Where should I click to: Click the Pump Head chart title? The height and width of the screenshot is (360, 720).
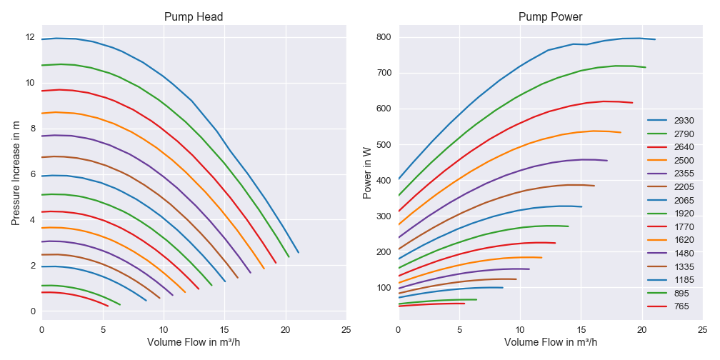click(x=194, y=17)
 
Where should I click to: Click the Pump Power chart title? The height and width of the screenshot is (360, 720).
click(x=551, y=17)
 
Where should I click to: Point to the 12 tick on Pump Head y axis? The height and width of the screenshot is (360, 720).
click(x=31, y=37)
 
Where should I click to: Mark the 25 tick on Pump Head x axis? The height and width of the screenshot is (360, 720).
click(x=346, y=330)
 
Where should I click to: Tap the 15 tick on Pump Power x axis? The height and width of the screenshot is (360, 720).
click(x=581, y=330)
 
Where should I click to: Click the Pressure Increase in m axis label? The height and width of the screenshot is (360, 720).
click(x=16, y=173)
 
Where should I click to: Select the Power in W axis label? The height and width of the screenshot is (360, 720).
click(x=367, y=173)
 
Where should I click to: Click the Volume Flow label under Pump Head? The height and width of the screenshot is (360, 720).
click(x=194, y=342)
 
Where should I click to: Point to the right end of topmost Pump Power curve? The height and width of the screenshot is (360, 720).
click(x=655, y=39)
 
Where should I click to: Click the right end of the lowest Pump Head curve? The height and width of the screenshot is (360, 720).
click(x=108, y=306)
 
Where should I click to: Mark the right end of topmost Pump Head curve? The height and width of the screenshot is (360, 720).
click(x=298, y=252)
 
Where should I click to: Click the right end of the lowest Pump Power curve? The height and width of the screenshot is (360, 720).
click(x=464, y=304)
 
